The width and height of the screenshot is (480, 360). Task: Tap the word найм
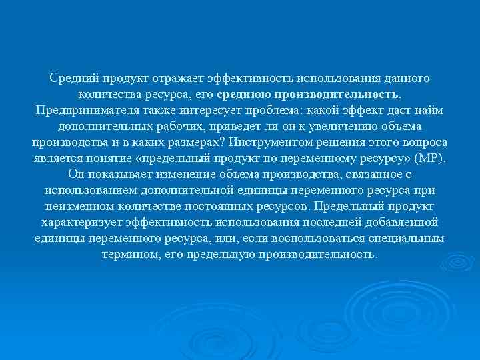click(431, 110)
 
